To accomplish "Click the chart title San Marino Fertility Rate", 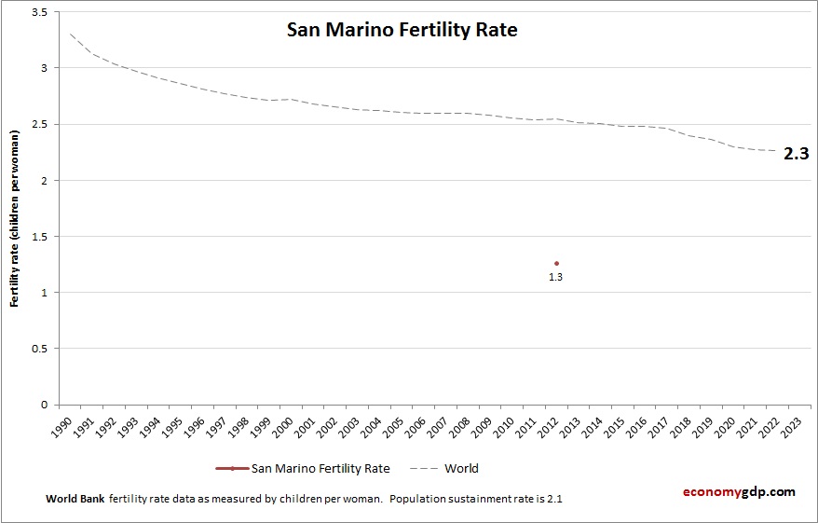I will (x=401, y=30).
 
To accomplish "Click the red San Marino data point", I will (x=556, y=263).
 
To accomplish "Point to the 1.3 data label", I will (x=555, y=277).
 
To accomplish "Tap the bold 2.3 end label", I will (x=796, y=154).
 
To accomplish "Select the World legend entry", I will (x=460, y=468).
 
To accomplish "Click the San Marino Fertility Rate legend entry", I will (x=320, y=468).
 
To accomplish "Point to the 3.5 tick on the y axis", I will (x=39, y=12).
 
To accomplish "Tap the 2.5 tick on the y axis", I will (x=39, y=124).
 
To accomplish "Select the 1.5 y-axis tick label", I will (x=39, y=237).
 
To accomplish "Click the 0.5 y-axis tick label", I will (x=39, y=349).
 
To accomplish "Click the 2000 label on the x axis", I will (x=279, y=425).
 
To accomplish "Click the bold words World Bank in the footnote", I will (x=75, y=499).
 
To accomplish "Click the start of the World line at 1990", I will (x=70, y=34).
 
